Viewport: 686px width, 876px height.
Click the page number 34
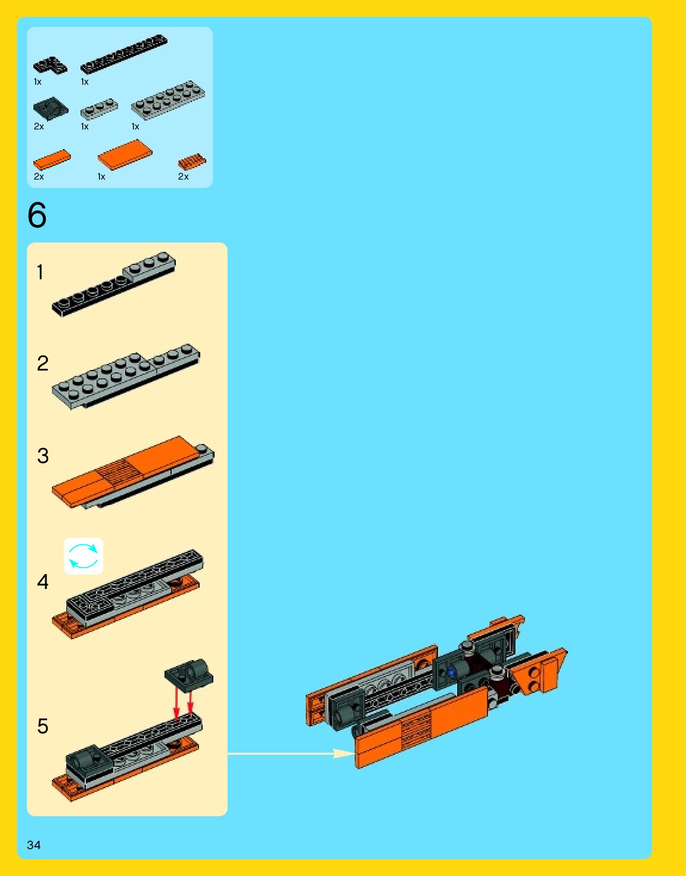coord(33,844)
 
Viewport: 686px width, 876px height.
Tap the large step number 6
coord(37,215)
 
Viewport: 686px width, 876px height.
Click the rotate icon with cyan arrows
coord(83,556)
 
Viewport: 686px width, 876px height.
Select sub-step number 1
coord(40,273)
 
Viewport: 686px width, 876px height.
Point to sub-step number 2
coord(42,363)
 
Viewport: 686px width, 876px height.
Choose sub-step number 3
coord(42,456)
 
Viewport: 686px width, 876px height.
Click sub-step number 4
coord(42,582)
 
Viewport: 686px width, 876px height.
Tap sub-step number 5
coord(42,726)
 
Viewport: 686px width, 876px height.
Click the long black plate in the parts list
coord(124,53)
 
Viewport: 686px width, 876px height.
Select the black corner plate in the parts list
coord(50,65)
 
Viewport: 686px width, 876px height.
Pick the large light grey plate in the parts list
coord(168,100)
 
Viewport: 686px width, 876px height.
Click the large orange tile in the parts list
coord(125,155)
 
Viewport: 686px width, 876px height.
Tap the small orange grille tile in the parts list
coord(191,162)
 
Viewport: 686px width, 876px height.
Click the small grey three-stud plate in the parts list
coord(99,109)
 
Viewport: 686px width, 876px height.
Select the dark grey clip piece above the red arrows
coord(190,673)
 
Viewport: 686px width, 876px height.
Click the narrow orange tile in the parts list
coord(52,159)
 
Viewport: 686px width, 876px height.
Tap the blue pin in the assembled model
coord(451,671)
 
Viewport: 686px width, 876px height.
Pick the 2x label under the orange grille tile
coord(183,177)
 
